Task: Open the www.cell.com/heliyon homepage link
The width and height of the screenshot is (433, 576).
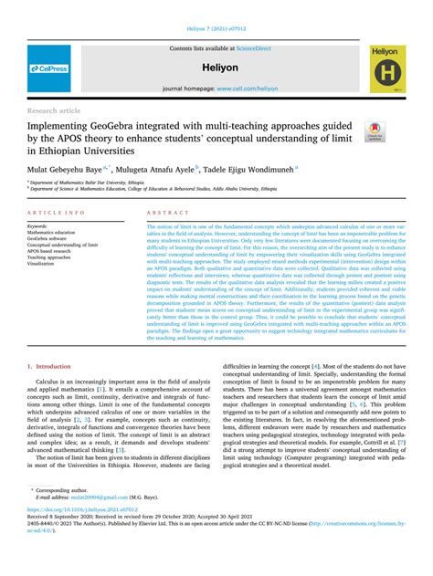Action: coord(247,89)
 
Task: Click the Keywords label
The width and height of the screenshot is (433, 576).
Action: coord(38,225)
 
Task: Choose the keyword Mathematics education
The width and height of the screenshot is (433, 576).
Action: coord(53,232)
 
